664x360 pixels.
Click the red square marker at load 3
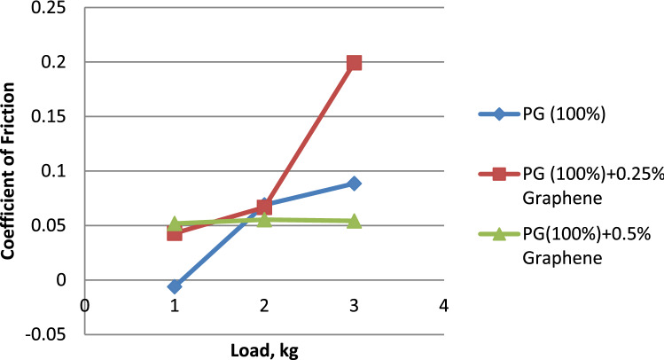[x=354, y=62]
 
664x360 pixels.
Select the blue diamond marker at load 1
[x=175, y=286]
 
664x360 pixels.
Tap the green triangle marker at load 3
[x=354, y=221]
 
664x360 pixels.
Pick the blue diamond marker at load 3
[x=354, y=183]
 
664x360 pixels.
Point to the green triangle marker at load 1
[x=175, y=223]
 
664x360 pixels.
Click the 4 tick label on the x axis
[x=443, y=306]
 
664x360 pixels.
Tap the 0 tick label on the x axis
[x=85, y=306]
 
